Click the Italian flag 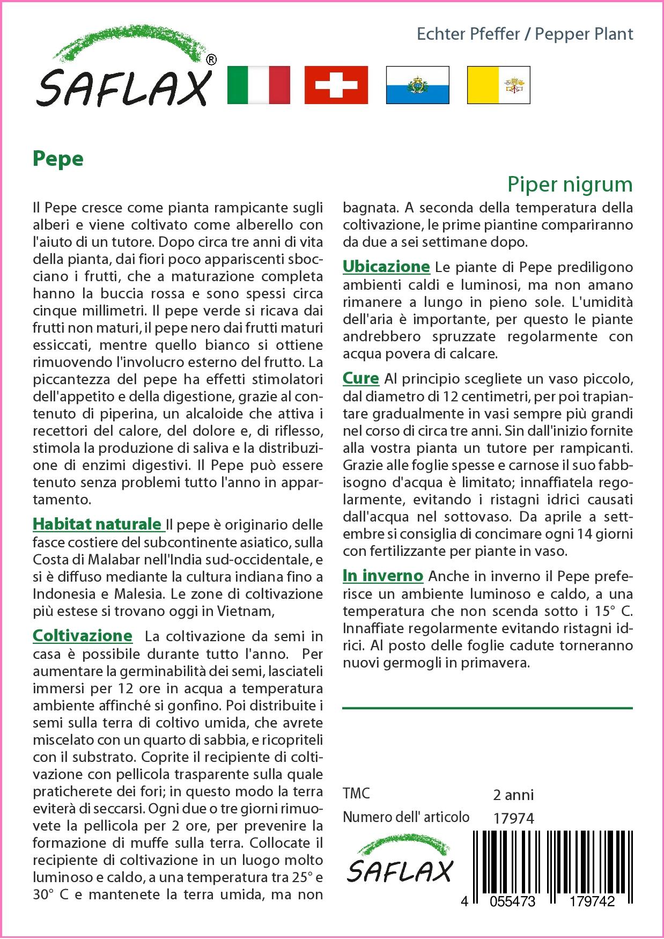259,85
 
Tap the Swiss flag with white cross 336,85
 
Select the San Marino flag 417,85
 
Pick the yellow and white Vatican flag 498,85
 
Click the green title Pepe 58,159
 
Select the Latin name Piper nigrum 570,185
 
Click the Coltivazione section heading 83,636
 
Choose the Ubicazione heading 386,267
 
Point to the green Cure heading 361,378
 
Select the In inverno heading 383,576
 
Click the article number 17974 513,818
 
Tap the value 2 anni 513,795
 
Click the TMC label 356,794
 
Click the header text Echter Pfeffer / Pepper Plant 525,34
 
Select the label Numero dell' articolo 406,817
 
